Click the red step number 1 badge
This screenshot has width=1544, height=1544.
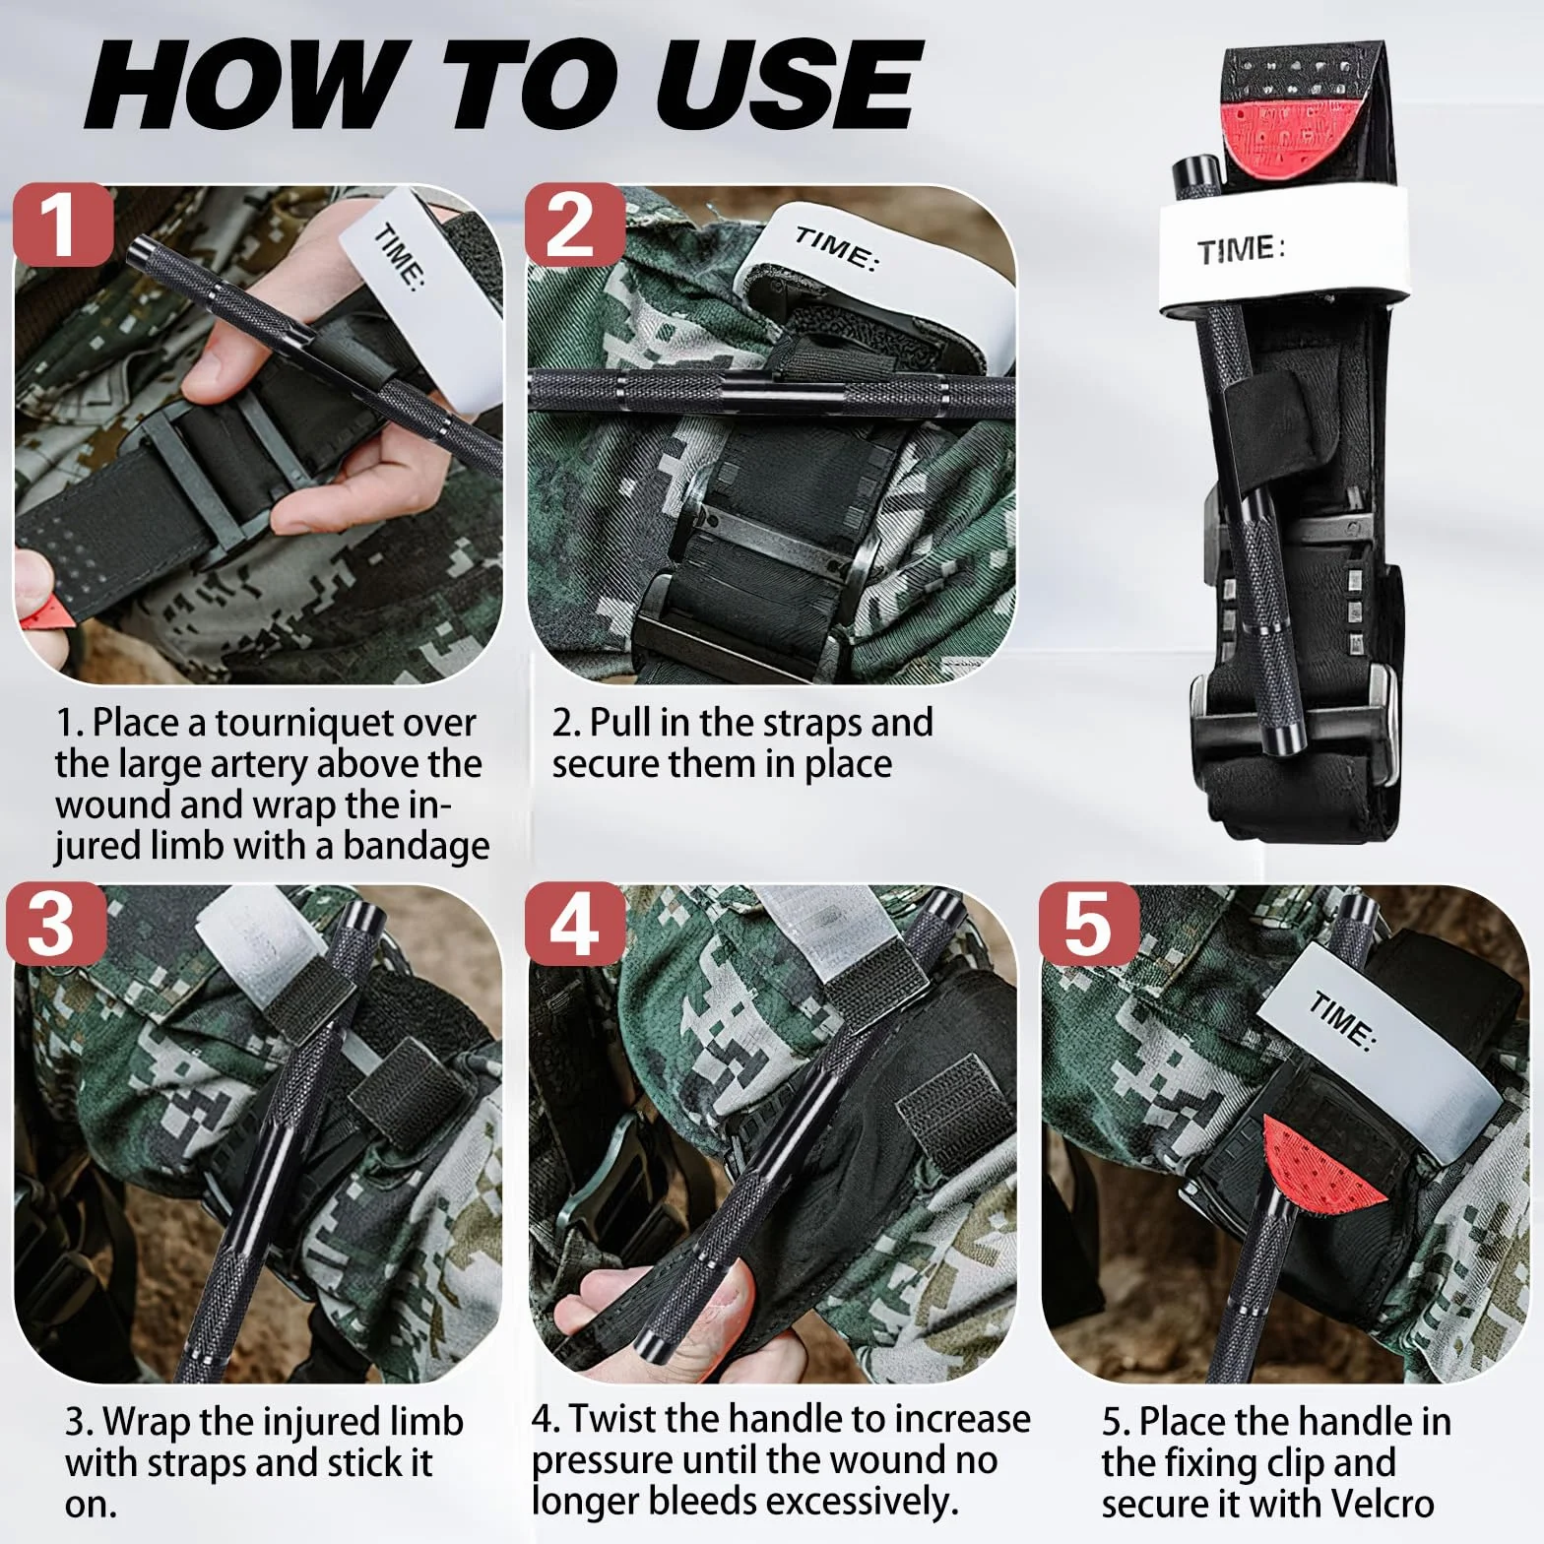click(63, 225)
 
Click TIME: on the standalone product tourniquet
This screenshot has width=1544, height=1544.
click(1241, 250)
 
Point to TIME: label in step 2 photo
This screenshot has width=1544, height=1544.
click(835, 249)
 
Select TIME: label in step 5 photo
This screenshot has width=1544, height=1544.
click(1341, 1021)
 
